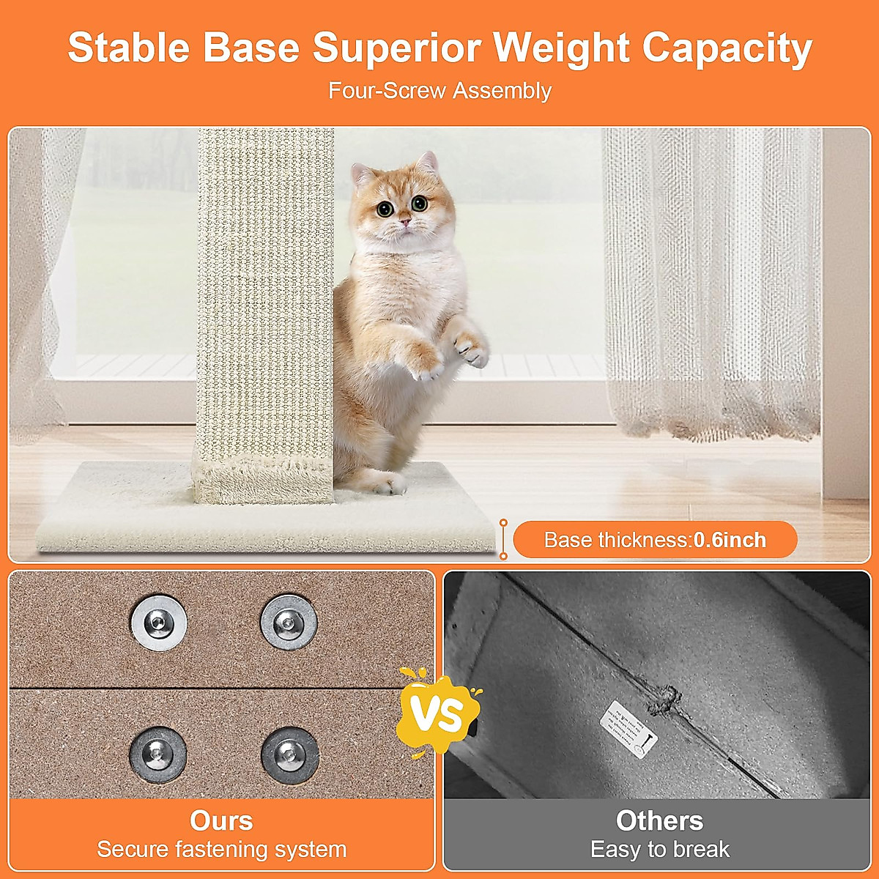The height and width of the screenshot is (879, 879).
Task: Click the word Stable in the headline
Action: pos(128,48)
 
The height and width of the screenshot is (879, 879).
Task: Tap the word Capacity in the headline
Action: pos(727,50)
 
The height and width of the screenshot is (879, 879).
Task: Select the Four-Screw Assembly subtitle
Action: pos(439,91)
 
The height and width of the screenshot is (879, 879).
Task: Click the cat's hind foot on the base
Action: pos(385,482)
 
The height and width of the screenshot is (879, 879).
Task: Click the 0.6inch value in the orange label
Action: pos(730,541)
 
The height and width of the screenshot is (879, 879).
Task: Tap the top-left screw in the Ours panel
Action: pos(159,623)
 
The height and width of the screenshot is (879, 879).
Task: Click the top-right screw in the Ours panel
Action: pos(289,623)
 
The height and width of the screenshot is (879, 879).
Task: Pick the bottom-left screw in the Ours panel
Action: pos(158,754)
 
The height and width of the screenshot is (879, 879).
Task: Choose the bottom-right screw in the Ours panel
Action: pos(289,754)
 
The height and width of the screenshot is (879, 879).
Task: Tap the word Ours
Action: pos(221,820)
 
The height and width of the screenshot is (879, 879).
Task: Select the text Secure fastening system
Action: pos(221,850)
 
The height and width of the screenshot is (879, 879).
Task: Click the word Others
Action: pos(659,820)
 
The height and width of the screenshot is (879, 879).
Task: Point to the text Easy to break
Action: pos(659,850)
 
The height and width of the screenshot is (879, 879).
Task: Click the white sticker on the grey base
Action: pos(628,727)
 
